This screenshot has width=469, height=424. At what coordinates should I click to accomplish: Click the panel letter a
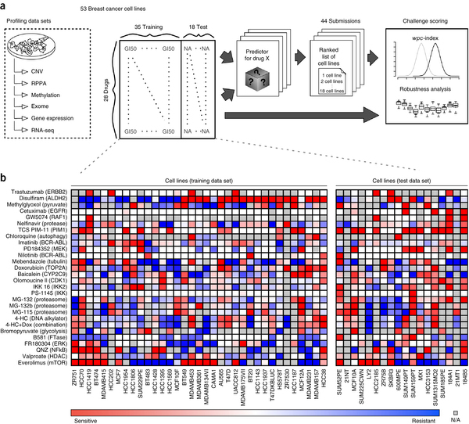tap(5, 5)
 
